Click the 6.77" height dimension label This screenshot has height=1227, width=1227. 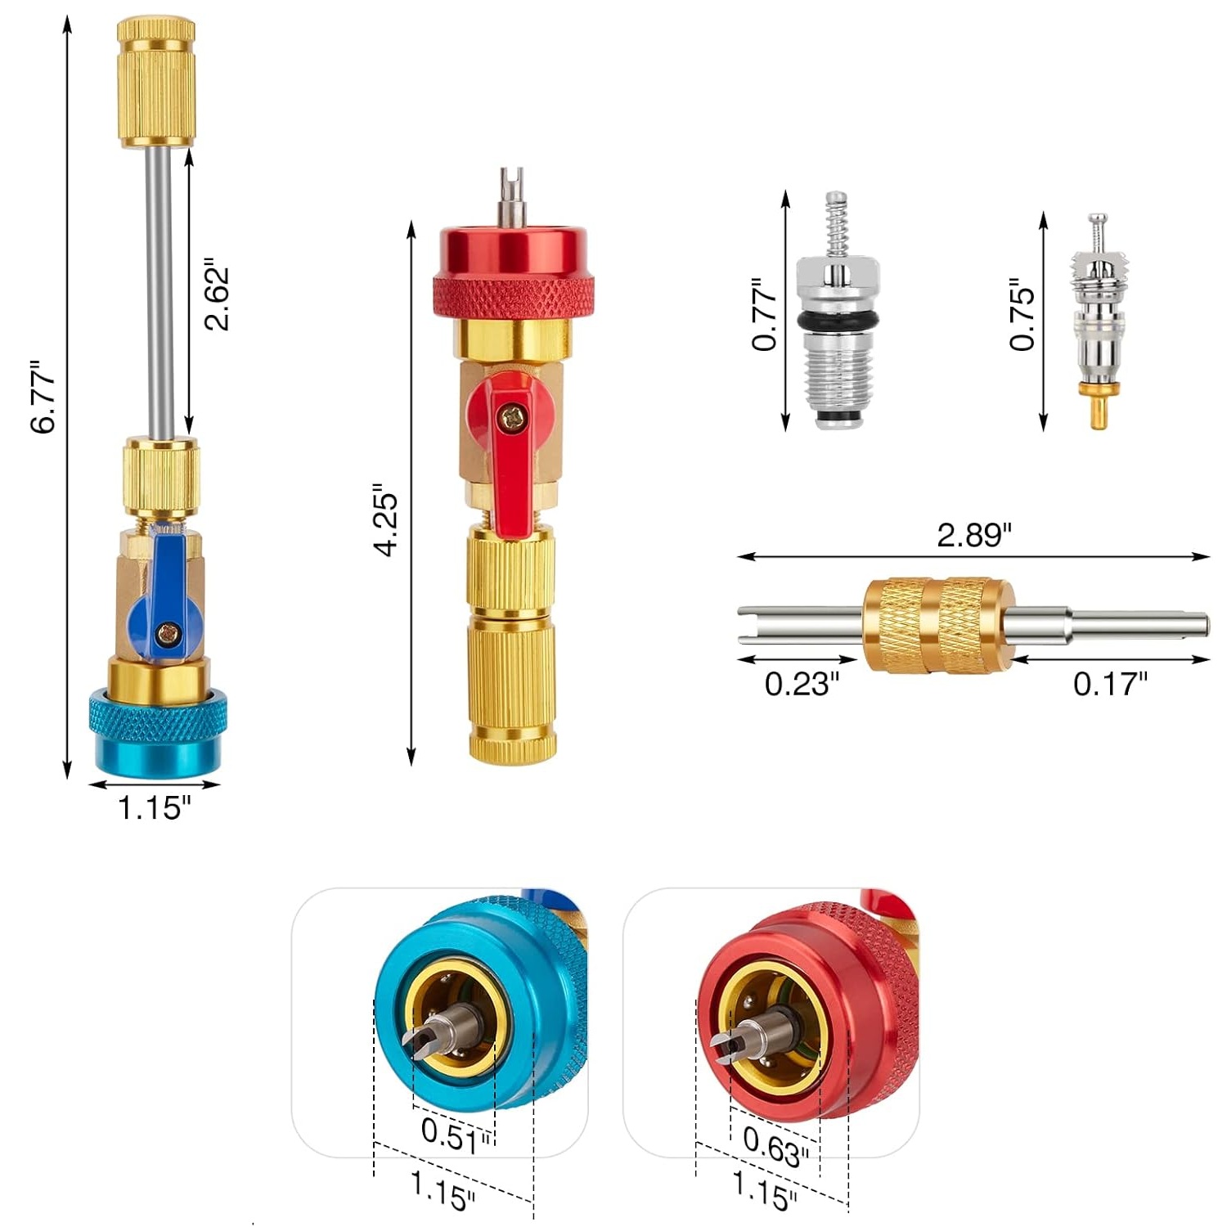tap(43, 397)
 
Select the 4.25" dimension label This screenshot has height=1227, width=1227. tap(385, 524)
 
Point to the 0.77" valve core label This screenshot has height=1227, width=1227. tap(765, 315)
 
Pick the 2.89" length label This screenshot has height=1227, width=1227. tap(973, 535)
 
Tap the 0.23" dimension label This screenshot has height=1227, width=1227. tap(802, 683)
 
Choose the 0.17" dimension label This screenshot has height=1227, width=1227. tap(1110, 683)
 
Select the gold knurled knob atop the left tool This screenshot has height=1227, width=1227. tap(156, 82)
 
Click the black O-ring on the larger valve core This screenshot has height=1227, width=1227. tap(838, 319)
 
